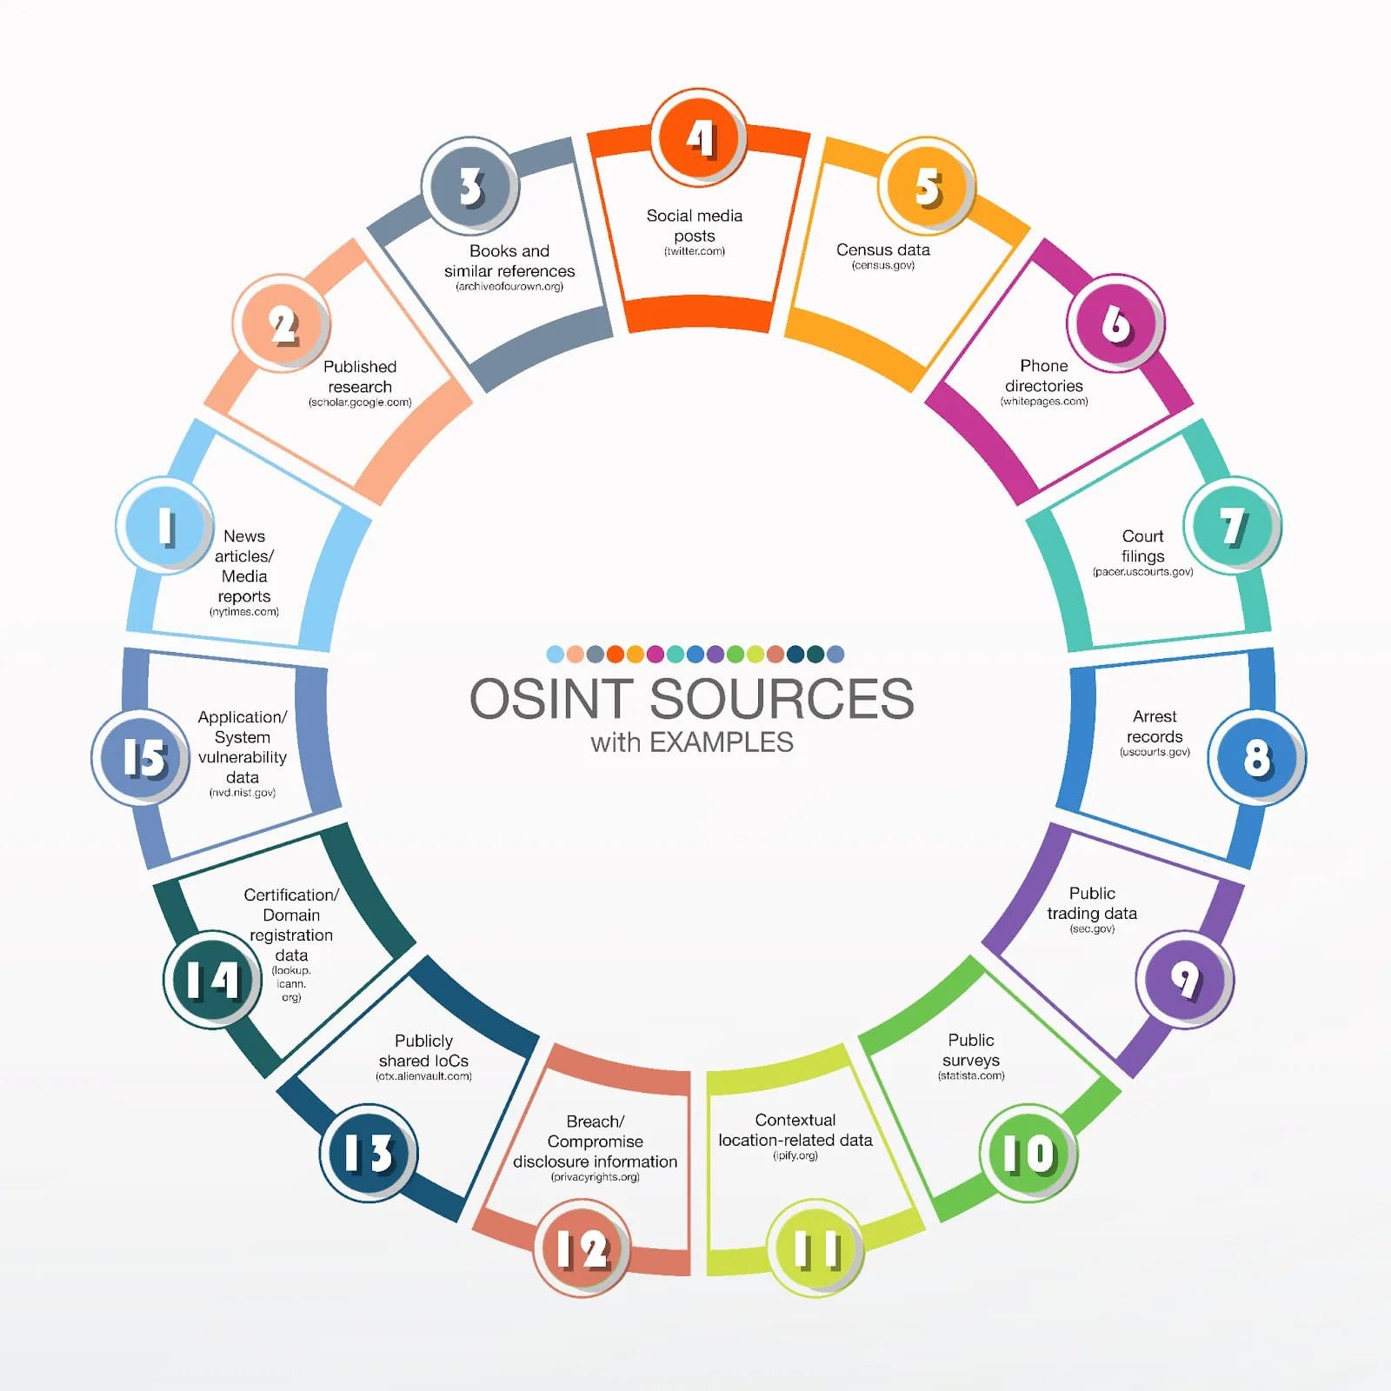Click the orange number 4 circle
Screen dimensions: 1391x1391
point(698,137)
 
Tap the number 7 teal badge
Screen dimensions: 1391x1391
point(1232,525)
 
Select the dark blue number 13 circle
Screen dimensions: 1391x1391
point(369,1153)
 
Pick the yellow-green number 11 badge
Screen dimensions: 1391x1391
point(815,1248)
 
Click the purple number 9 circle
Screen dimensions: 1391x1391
point(1184,979)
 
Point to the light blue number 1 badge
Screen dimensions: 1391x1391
point(164,525)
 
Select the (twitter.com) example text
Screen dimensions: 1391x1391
point(695,251)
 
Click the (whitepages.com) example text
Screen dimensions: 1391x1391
point(1044,402)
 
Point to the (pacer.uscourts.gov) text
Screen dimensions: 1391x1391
point(1142,572)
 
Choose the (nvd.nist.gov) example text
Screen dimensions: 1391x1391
point(243,793)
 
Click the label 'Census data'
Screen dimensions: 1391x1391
point(883,250)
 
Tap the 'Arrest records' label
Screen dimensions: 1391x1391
point(1155,726)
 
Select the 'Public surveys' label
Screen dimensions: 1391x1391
point(971,1050)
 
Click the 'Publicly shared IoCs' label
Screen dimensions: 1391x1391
point(423,1050)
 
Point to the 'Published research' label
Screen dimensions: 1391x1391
point(360,376)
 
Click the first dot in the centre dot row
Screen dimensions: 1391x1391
point(555,654)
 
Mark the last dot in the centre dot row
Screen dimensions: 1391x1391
point(835,654)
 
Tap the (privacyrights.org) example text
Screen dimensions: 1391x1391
point(596,1177)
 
